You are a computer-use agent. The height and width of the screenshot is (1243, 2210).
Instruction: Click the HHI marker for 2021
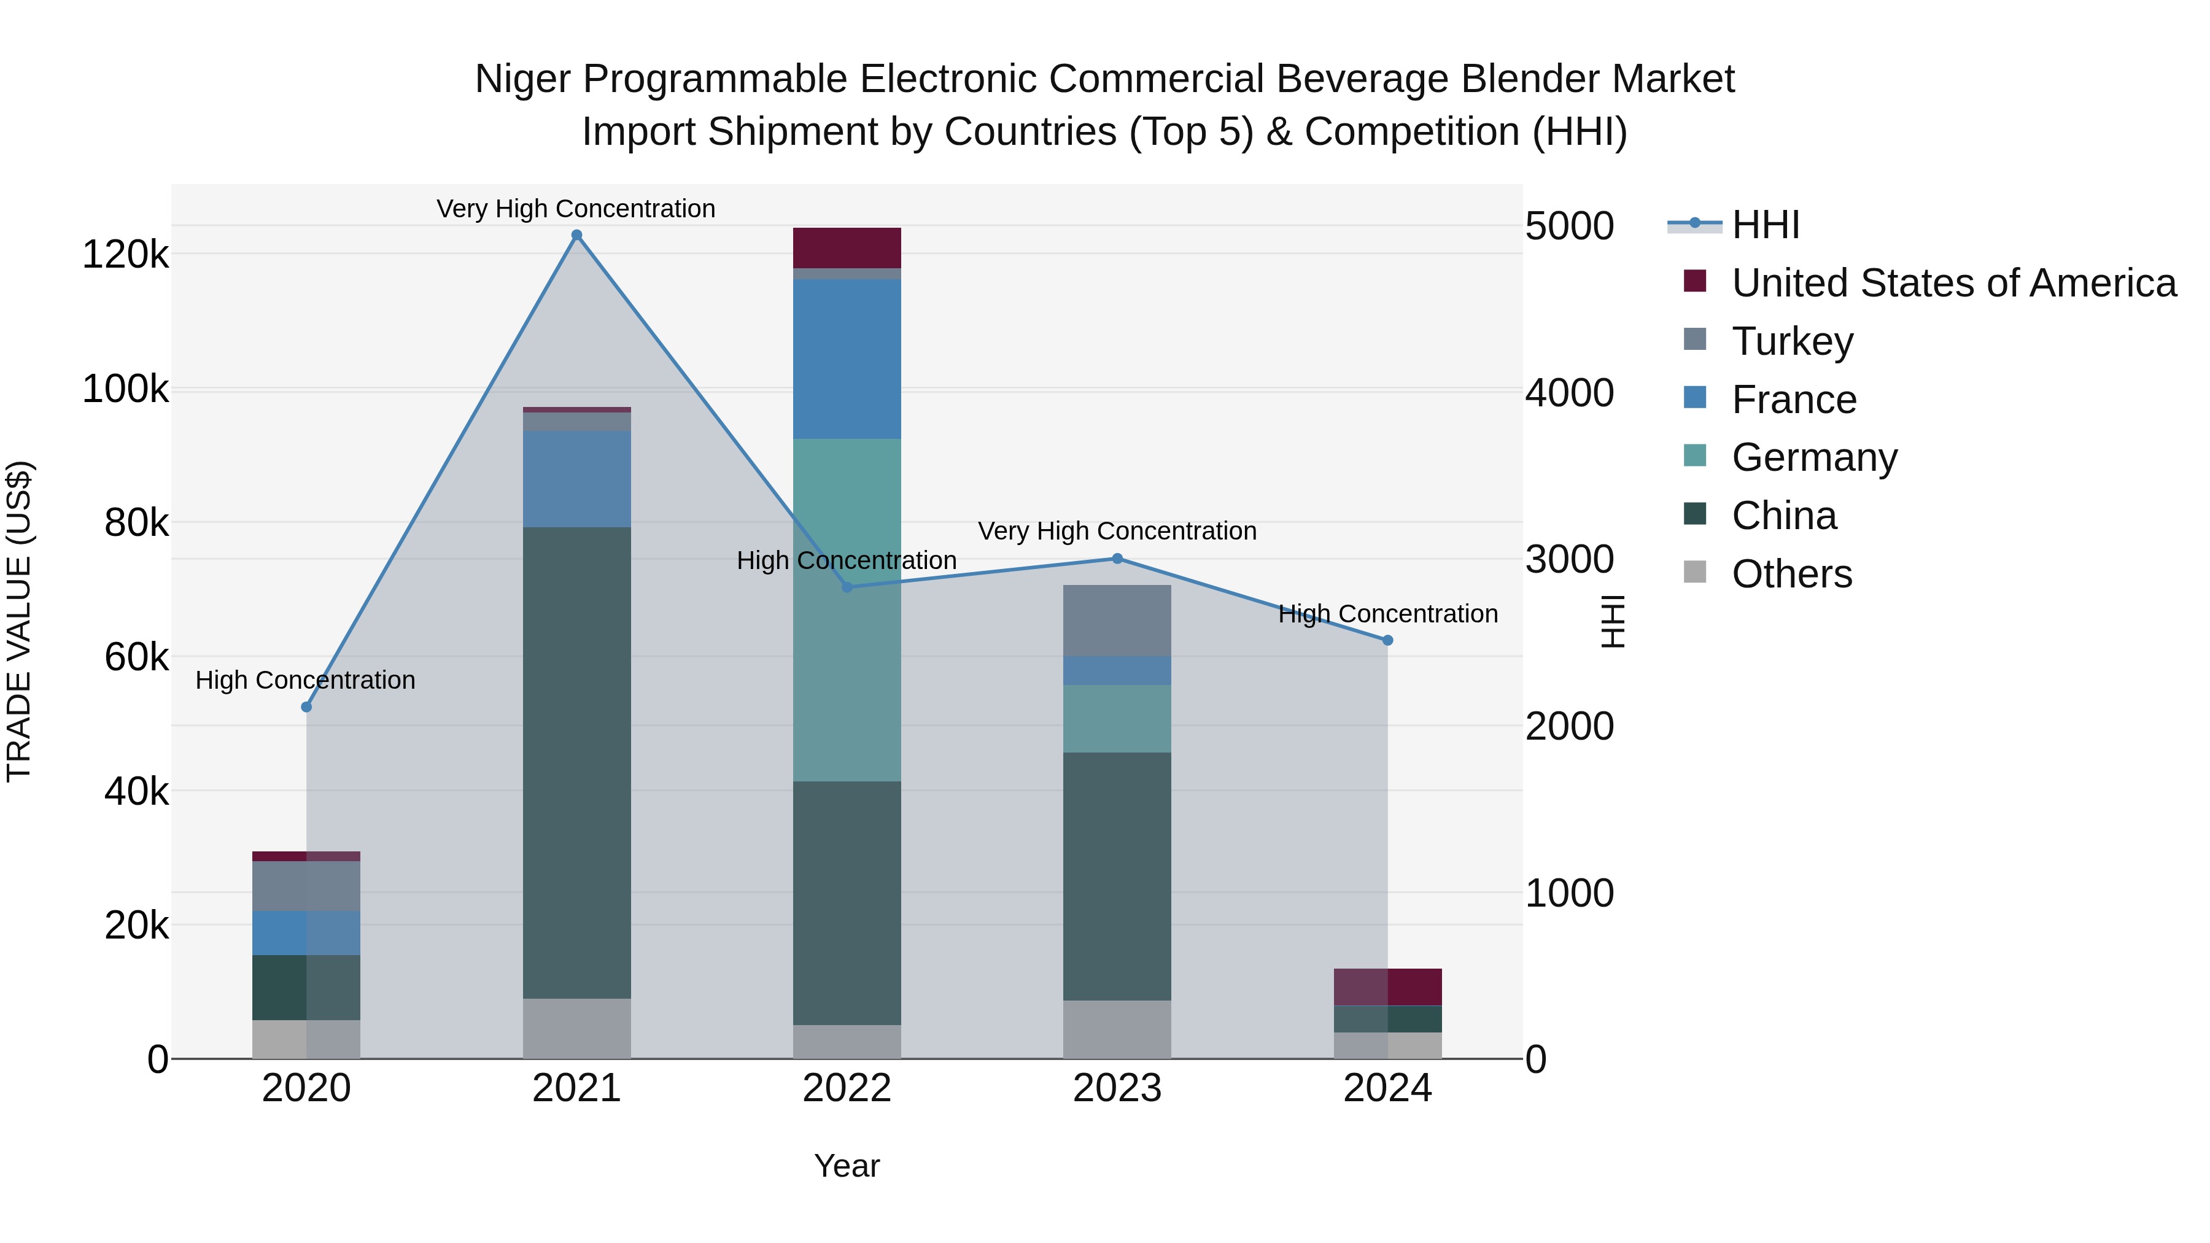(576, 235)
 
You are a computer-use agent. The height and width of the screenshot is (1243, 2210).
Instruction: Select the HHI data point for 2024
(1387, 640)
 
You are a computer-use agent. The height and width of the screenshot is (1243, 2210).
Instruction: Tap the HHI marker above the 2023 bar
(1117, 559)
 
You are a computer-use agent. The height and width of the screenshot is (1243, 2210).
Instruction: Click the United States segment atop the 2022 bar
(847, 248)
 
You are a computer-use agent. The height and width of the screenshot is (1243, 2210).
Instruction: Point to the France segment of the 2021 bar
(576, 479)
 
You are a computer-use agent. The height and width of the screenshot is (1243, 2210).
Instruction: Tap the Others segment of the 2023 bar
(1117, 1029)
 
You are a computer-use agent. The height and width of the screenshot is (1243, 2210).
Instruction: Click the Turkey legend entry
(1791, 341)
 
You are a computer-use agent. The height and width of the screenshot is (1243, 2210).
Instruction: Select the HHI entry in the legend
(1765, 225)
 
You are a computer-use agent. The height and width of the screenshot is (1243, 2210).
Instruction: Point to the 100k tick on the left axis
(125, 389)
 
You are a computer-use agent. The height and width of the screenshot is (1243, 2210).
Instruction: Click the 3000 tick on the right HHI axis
(1569, 559)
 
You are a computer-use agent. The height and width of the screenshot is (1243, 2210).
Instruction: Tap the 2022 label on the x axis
(847, 1088)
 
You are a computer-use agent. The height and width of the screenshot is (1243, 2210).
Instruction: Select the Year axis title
(847, 1166)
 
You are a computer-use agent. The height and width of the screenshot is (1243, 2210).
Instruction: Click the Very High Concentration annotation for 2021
(576, 209)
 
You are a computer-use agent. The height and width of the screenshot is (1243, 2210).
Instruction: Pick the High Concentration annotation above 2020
(306, 680)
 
